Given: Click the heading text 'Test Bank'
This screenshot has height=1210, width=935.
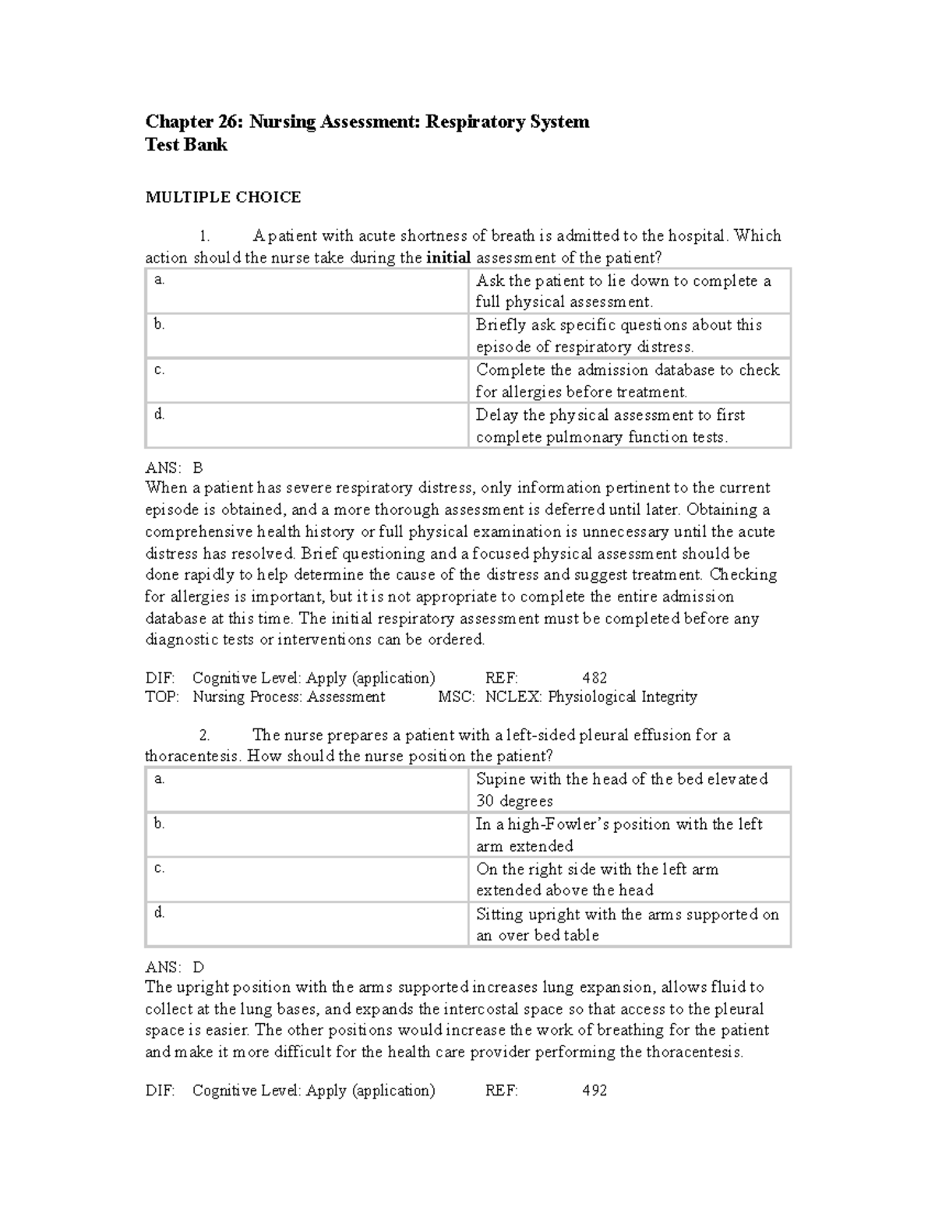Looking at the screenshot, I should click(186, 145).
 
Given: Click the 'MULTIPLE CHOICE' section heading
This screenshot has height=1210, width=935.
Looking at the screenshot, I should click(223, 197).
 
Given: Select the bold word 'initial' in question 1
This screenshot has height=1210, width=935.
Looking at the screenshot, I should click(448, 258).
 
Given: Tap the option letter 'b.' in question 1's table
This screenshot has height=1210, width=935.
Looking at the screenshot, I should click(160, 324).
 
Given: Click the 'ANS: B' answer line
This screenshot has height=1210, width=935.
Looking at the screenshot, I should click(174, 467).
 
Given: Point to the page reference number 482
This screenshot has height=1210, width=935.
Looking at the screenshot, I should click(595, 678).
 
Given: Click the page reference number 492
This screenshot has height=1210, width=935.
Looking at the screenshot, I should click(595, 1090).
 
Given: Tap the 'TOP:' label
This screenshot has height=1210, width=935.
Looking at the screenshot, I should click(162, 697).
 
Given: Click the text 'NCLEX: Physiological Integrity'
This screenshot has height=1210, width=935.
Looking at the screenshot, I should click(591, 697).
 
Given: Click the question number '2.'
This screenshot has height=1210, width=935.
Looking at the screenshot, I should click(205, 735).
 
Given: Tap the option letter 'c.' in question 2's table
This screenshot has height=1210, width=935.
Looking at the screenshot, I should click(160, 868).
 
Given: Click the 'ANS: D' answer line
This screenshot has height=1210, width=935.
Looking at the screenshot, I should click(175, 967).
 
